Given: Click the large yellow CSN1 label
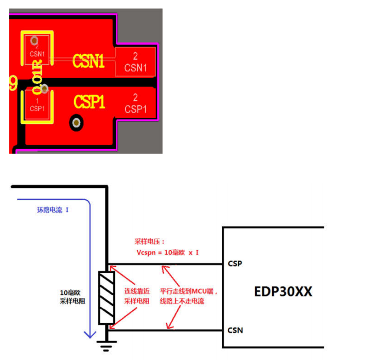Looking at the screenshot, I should pyautogui.click(x=88, y=61).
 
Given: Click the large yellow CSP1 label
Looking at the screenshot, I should pyautogui.click(x=89, y=102).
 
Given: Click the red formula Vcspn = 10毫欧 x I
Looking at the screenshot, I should pyautogui.click(x=168, y=253).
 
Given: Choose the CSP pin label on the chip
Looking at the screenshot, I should pyautogui.click(x=235, y=263).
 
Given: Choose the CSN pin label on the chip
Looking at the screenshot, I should pyautogui.click(x=235, y=330).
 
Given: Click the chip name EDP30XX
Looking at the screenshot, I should pyautogui.click(x=283, y=291).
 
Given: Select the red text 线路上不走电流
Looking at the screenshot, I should pyautogui.click(x=183, y=301).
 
